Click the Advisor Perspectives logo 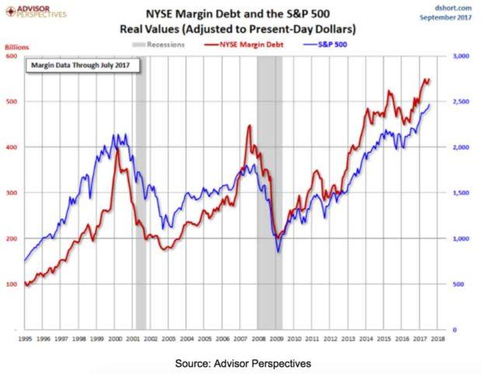pyautogui.click(x=37, y=12)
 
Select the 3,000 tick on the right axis pyautogui.click(x=460, y=56)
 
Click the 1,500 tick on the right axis pyautogui.click(x=460, y=193)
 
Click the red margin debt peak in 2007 pyautogui.click(x=249, y=126)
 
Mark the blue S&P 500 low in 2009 pyautogui.click(x=278, y=250)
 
